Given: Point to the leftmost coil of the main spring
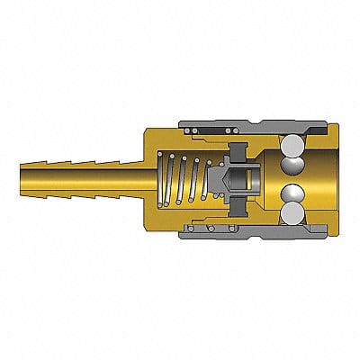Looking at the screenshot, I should pos(166,178).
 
